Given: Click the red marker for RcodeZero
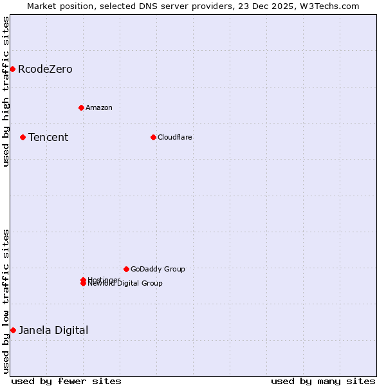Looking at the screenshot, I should (x=12, y=69).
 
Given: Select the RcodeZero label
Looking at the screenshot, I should (x=45, y=69).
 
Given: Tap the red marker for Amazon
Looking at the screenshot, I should (x=81, y=107).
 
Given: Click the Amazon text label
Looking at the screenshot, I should (x=99, y=107).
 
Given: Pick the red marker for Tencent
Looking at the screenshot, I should (x=23, y=137).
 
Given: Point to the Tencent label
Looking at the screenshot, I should (x=48, y=137).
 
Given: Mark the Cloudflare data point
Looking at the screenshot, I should (x=153, y=137).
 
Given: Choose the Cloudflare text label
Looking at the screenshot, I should (x=175, y=137).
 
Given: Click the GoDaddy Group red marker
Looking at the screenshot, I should (x=126, y=269).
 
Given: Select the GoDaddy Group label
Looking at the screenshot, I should (x=158, y=269).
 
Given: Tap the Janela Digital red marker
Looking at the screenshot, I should (x=13, y=330).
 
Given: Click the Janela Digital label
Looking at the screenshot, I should (x=53, y=330).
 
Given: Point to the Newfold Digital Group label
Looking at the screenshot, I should (x=125, y=284).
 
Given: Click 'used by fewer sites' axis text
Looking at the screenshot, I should (x=66, y=381).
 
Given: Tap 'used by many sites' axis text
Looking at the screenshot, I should (x=323, y=381).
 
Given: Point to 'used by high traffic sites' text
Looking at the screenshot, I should (x=6, y=91).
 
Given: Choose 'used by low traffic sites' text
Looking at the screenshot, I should (x=6, y=301).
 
